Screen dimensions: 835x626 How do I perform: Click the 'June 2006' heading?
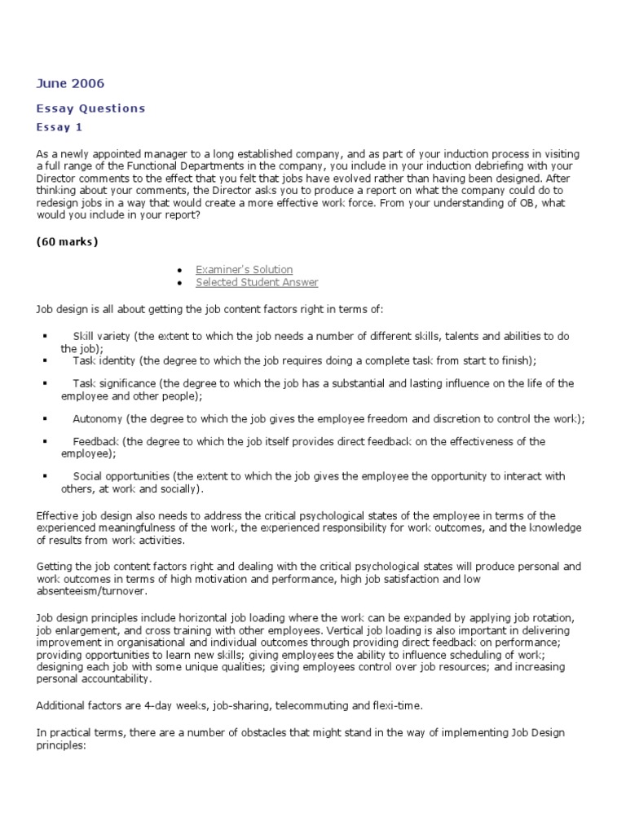[71, 83]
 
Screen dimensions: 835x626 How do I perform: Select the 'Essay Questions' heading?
[90, 108]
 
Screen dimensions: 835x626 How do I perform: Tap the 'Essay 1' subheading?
[60, 127]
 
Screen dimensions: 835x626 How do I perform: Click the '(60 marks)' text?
[68, 241]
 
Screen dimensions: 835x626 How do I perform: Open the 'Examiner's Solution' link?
[244, 270]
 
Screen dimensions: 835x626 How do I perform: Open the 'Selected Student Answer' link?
[257, 283]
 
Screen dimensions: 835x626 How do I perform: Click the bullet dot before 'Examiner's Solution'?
[179, 270]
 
